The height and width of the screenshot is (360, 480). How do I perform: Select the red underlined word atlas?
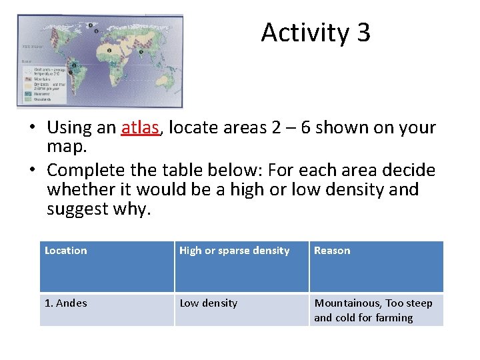pyautogui.click(x=141, y=127)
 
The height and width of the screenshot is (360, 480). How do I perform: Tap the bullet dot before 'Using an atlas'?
pyautogui.click(x=31, y=129)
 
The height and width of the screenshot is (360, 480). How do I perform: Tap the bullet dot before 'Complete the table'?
pyautogui.click(x=31, y=170)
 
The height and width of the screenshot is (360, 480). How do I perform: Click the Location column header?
pyautogui.click(x=65, y=251)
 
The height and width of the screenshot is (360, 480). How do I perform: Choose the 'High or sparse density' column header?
pyautogui.click(x=235, y=251)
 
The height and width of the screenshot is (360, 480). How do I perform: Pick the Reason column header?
pyautogui.click(x=332, y=251)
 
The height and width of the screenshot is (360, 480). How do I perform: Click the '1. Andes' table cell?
pyautogui.click(x=65, y=303)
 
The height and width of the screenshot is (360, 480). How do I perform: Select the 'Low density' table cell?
pyautogui.click(x=209, y=303)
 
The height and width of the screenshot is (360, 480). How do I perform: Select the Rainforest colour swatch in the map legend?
pyautogui.click(x=26, y=94)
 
